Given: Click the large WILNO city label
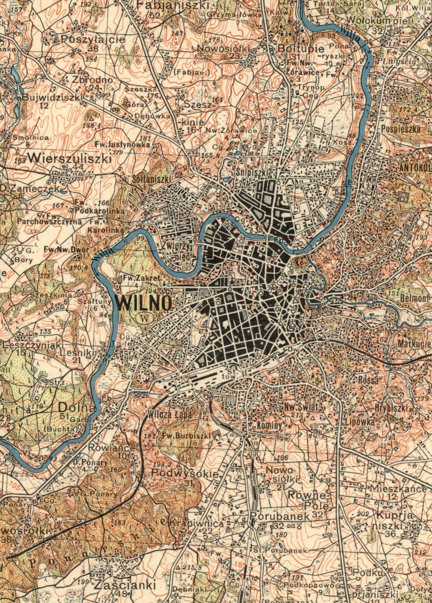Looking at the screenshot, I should pyautogui.click(x=144, y=303).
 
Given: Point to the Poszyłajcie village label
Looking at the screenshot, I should pyautogui.click(x=93, y=40).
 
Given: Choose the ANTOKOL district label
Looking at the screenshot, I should pyautogui.click(x=415, y=168).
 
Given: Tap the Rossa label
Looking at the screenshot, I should pyautogui.click(x=368, y=380).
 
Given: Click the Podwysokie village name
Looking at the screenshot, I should pyautogui.click(x=185, y=474).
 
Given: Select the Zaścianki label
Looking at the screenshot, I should pyautogui.click(x=125, y=585).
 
